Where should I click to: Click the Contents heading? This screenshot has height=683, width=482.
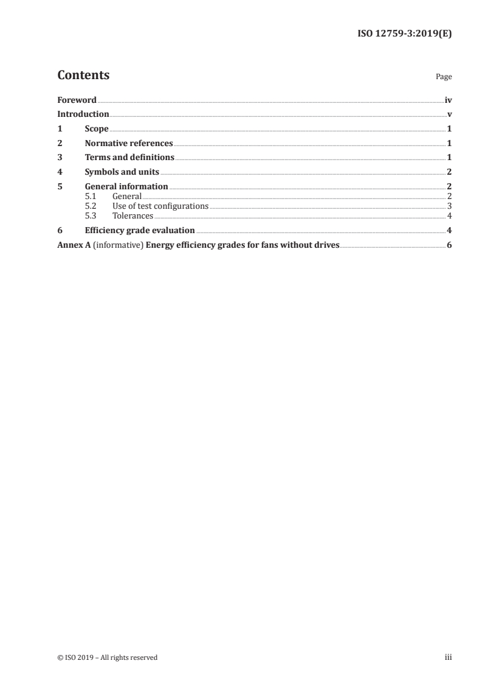click(83, 75)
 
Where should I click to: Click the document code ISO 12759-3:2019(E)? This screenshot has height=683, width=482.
click(404, 34)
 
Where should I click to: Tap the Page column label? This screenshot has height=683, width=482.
click(444, 77)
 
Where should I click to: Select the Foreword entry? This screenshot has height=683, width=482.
click(77, 100)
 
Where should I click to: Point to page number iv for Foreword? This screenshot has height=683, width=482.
click(448, 100)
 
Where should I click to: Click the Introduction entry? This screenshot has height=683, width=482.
click(83, 114)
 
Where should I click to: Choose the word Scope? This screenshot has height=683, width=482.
click(97, 129)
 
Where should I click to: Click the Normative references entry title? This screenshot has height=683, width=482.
click(129, 144)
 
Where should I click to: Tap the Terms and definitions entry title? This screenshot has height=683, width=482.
click(129, 158)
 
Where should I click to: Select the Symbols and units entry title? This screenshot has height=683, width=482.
click(122, 172)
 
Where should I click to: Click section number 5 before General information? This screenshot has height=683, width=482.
click(60, 186)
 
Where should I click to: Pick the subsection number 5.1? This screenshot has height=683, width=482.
click(90, 197)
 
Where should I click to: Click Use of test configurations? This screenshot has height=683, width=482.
click(160, 206)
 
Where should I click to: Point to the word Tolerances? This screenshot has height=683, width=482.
click(133, 215)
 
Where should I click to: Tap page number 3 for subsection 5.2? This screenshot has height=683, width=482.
click(449, 206)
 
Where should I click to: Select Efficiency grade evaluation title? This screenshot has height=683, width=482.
click(140, 230)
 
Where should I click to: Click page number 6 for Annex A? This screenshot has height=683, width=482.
click(449, 245)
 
